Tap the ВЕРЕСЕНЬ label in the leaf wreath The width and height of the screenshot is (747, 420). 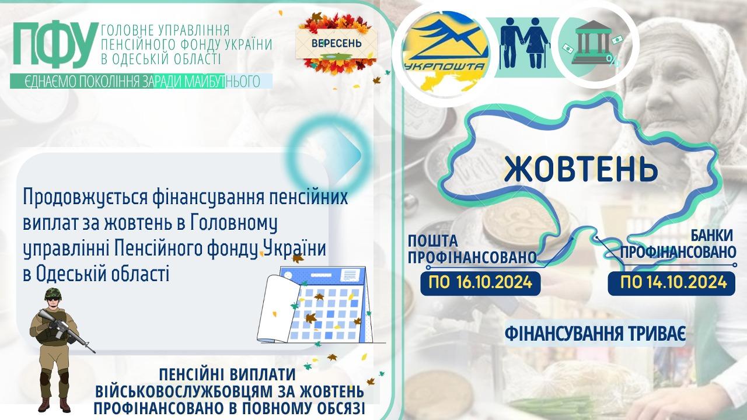pos(337,44)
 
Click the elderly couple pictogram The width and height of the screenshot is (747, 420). pos(523,43)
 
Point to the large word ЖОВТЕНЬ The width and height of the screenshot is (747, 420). pos(581,169)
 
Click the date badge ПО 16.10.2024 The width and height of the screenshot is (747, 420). pos(480,283)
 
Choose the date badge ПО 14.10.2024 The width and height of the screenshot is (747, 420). pos(671,283)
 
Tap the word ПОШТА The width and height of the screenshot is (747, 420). pos(433,241)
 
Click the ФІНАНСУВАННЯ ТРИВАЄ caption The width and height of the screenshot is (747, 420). pos(595,334)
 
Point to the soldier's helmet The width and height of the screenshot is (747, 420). pos(53,293)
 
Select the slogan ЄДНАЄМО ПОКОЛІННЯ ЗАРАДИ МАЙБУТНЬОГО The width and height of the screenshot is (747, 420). pos(142,81)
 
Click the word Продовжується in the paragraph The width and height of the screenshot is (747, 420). pos(85,198)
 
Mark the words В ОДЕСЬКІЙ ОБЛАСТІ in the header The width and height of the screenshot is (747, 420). pos(160,59)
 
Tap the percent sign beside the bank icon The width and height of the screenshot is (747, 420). pos(611,61)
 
